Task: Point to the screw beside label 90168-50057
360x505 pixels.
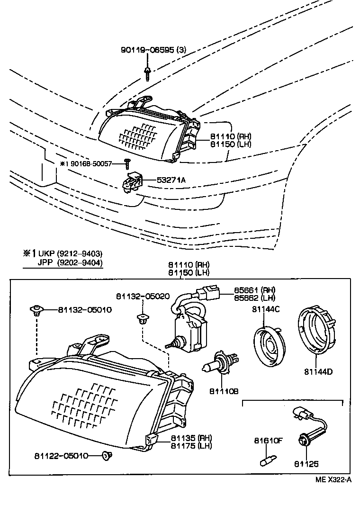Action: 127,163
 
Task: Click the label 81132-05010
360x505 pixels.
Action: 85,310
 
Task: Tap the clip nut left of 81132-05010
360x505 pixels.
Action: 36,310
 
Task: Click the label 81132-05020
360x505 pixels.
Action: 143,296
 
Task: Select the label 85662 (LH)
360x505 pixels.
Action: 254,298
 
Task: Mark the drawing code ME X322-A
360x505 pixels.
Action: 334,479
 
